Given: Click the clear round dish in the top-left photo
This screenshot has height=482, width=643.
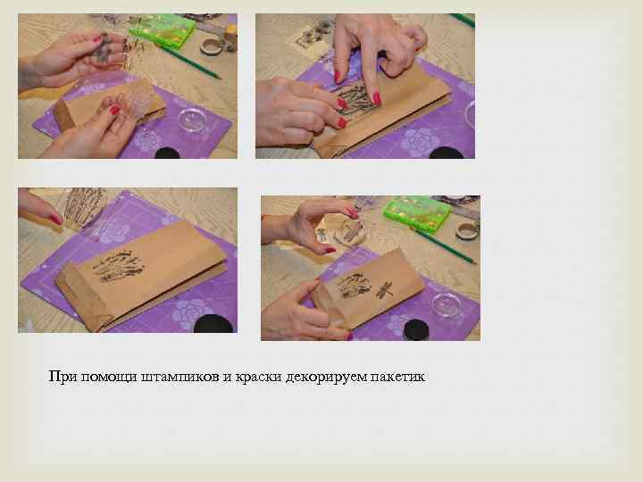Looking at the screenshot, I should pyautogui.click(x=192, y=120).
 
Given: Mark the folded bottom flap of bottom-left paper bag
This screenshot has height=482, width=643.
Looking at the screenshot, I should pyautogui.click(x=85, y=299).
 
